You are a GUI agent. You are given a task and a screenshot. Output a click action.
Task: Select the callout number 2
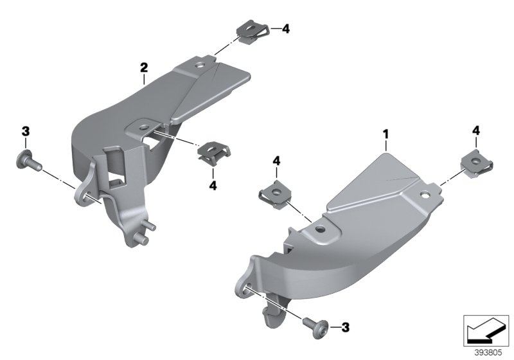pos(144,67)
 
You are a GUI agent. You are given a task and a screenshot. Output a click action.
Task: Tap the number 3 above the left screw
pos(25,131)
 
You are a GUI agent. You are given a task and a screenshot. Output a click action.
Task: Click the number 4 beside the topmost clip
pos(285,29)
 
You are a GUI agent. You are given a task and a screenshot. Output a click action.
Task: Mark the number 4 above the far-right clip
pos(476,130)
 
